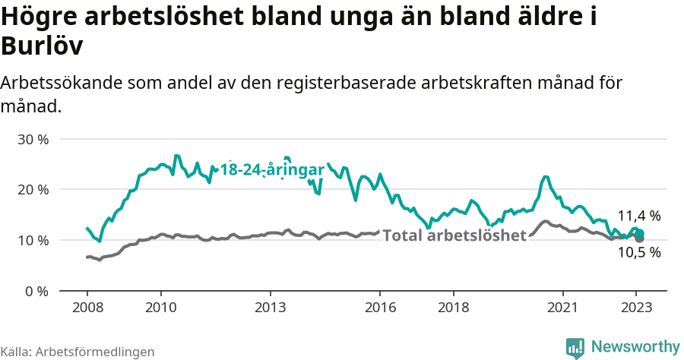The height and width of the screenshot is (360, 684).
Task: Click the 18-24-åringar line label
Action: point(272,170)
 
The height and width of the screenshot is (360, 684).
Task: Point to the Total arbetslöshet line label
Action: point(454,235)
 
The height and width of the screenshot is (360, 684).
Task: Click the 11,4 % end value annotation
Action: point(638,216)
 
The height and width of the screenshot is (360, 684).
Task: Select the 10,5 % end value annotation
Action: point(638,253)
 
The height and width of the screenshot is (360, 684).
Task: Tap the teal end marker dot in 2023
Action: point(640,233)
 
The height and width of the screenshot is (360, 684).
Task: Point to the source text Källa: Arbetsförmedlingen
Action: point(78,352)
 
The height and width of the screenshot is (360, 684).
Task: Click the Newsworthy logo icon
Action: point(575,347)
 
